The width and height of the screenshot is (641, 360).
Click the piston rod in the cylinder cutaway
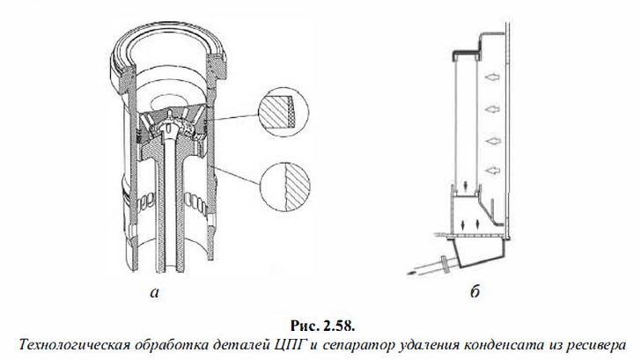166,211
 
